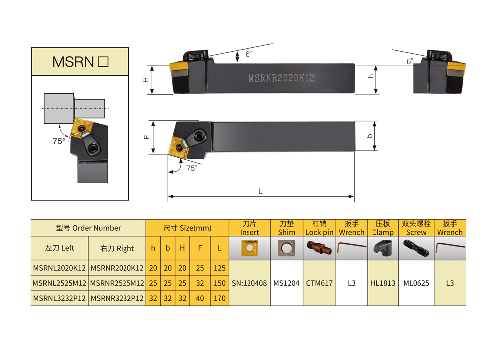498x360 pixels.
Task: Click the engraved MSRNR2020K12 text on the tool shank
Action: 281,78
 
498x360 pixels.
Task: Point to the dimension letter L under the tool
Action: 261,191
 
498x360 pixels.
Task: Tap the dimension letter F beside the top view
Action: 147,137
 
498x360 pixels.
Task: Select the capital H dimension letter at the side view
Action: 146,80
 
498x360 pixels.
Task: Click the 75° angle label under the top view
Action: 192,168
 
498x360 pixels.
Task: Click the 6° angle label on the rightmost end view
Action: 410,61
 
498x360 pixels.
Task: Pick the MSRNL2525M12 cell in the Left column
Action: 59,283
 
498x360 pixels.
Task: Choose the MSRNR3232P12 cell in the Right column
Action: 117,298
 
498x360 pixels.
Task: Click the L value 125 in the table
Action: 220,268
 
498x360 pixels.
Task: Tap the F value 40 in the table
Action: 200,298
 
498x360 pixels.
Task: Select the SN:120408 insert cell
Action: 249,283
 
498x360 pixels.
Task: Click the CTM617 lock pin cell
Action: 319,283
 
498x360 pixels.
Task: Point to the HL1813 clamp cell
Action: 383,283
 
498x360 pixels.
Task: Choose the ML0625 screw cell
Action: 416,283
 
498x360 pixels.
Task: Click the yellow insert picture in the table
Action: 249,248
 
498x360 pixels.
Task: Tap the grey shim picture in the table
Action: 286,248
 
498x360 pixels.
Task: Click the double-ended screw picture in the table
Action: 416,248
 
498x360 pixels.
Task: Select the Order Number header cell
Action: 88,228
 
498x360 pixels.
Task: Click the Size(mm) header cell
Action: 187,228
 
